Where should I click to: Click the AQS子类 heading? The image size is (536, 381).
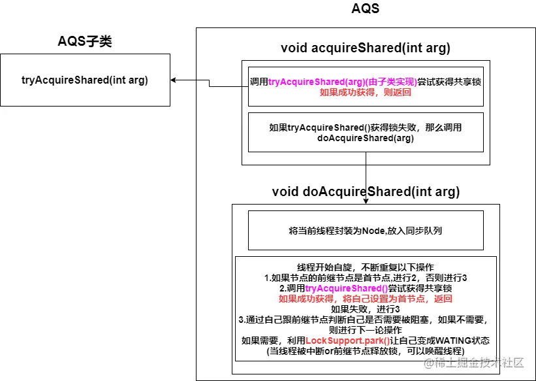[x=85, y=42]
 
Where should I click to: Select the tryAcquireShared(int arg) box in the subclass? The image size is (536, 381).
[x=85, y=80]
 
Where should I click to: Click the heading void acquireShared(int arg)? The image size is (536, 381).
[x=365, y=48]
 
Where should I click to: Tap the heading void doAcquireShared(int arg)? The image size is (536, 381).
[x=366, y=192]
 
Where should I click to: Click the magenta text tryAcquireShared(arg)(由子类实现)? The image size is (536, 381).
[x=343, y=82]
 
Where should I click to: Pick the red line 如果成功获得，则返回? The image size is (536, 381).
[x=365, y=93]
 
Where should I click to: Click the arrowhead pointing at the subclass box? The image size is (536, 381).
[x=174, y=80]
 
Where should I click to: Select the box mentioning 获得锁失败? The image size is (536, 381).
[x=366, y=133]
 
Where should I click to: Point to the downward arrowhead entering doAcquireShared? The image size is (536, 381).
[x=366, y=200]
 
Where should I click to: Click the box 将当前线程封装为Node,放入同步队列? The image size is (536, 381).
[x=366, y=230]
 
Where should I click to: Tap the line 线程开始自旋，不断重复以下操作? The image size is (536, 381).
[x=365, y=267]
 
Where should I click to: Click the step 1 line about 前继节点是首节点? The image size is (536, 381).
[x=365, y=278]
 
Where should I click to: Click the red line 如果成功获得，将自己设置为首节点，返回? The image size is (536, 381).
[x=365, y=299]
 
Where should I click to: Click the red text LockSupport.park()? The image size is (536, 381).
[x=347, y=340]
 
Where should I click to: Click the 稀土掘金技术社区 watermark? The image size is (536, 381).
[x=481, y=363]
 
